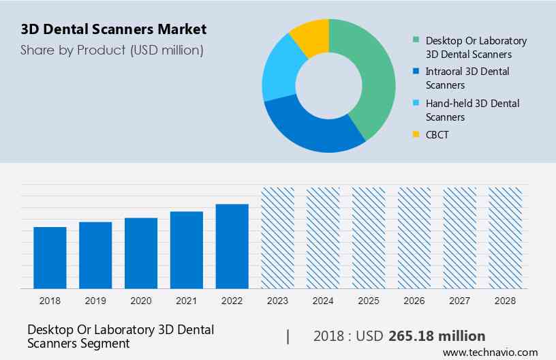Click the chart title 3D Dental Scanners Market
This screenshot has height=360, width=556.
(114, 30)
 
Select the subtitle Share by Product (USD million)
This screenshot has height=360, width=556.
(112, 50)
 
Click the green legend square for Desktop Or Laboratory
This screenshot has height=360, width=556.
(416, 40)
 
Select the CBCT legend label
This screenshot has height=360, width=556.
(437, 135)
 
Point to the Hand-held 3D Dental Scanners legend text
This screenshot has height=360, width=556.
(472, 110)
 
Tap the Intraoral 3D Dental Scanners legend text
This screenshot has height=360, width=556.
(467, 78)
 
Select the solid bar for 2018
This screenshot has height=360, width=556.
(50, 257)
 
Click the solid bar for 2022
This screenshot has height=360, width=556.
(232, 245)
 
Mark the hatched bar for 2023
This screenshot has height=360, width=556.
(278, 237)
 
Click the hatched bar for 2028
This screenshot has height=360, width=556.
(506, 237)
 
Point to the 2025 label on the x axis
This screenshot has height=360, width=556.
(369, 301)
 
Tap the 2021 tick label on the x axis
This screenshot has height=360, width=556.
(187, 301)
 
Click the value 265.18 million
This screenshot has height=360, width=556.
(437, 336)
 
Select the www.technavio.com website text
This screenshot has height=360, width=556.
(490, 352)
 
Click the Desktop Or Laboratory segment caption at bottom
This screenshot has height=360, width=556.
(121, 336)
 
